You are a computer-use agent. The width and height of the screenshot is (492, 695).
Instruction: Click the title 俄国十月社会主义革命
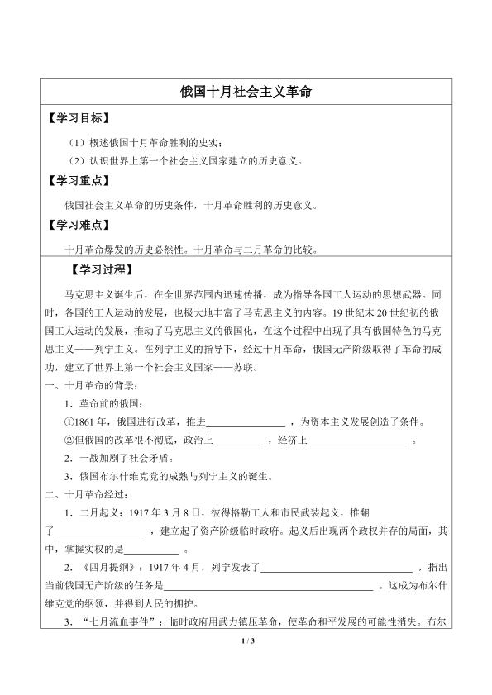click(245, 93)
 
